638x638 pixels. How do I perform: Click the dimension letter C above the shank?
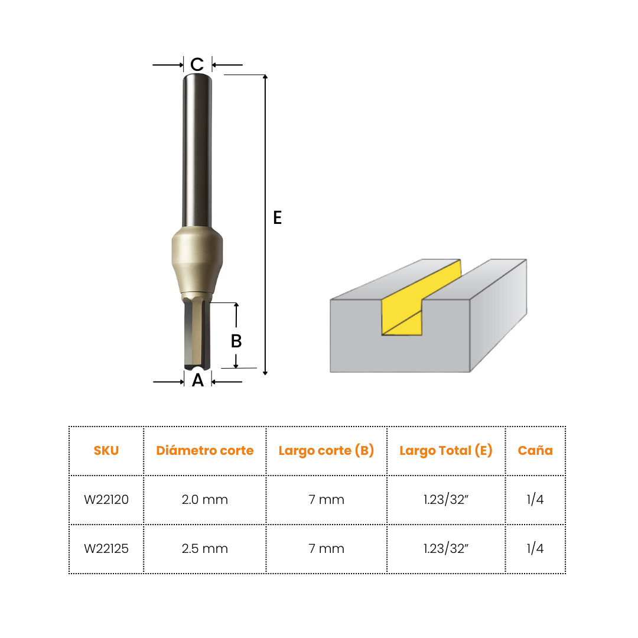click(x=197, y=64)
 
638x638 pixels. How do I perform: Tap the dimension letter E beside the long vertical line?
click(x=278, y=217)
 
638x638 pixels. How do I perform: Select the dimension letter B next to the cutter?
click(x=236, y=341)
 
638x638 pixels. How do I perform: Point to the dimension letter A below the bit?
click(x=198, y=380)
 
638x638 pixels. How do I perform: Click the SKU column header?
click(x=106, y=450)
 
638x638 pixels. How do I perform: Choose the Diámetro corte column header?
click(x=204, y=450)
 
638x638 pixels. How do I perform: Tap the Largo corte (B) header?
click(x=326, y=450)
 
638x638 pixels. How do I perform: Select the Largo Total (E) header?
click(x=446, y=450)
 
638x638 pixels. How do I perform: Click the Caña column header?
click(x=535, y=450)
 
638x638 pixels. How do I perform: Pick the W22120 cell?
click(x=106, y=499)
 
